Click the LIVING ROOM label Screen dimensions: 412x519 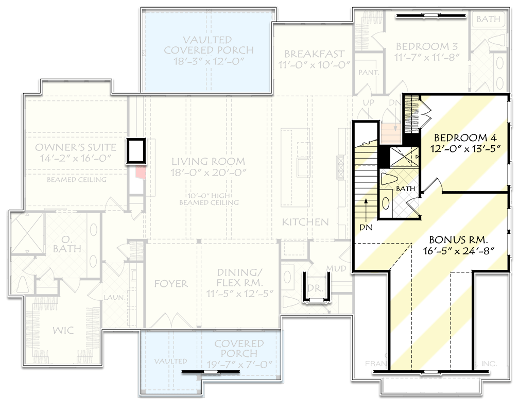click(208, 161)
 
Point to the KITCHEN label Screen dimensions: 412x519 click(305, 222)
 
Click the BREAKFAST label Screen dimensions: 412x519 click(314, 54)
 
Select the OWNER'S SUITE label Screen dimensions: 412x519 click(76, 148)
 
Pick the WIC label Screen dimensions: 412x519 click(63, 331)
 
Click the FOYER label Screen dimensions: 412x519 click(171, 284)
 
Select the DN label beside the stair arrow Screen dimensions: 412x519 click(367, 226)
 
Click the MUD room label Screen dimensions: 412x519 click(336, 268)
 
